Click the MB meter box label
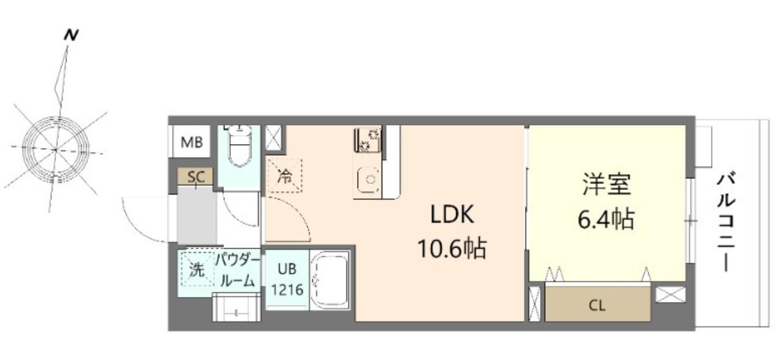coord(192,142)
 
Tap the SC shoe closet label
coord(196,177)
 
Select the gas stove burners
coord(368,139)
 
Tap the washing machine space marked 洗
coord(197,269)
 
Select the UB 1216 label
coord(286,279)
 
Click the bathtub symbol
coord(330,281)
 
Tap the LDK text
coord(452,216)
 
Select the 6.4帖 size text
coord(606,219)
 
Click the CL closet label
coord(597,306)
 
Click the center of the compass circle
coord(56,149)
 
